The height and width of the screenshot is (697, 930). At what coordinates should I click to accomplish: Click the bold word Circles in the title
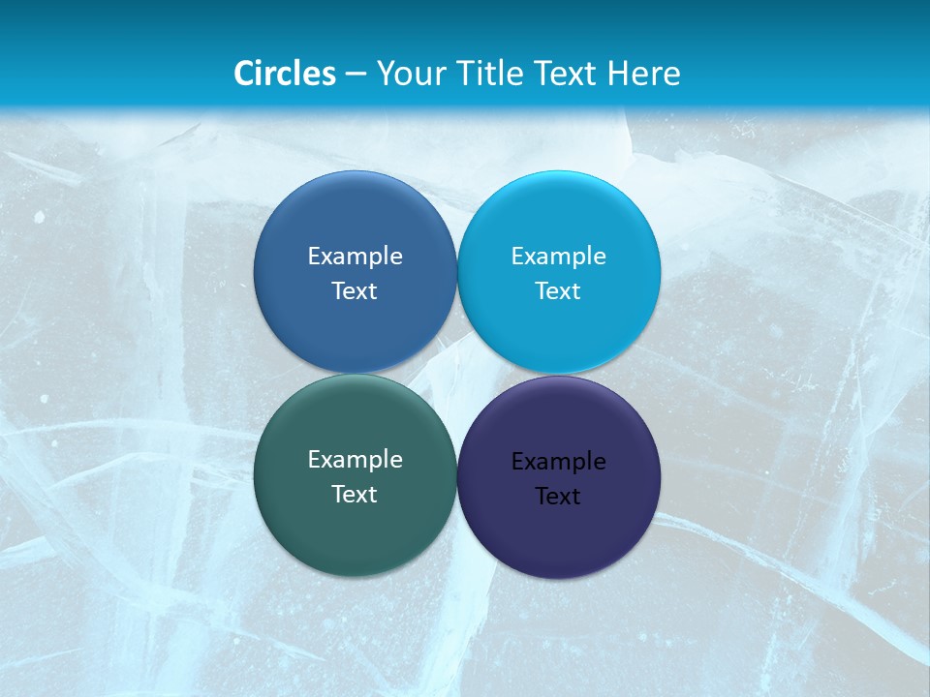[x=285, y=73]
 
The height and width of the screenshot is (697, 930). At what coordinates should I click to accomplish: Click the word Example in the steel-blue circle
[x=355, y=256]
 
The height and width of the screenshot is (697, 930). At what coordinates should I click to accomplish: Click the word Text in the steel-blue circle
[x=355, y=290]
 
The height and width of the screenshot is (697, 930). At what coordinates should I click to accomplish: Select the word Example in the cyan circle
[x=558, y=256]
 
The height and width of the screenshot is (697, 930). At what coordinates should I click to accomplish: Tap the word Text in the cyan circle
[x=558, y=290]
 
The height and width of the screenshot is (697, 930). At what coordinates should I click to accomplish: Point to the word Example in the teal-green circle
[x=355, y=459]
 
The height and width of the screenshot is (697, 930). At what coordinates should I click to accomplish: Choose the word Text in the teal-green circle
[x=355, y=494]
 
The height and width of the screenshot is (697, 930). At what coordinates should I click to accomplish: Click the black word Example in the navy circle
[x=558, y=461]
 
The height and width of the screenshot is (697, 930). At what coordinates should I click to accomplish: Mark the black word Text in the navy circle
[x=558, y=496]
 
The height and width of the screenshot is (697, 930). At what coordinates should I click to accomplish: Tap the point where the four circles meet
[x=457, y=374]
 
